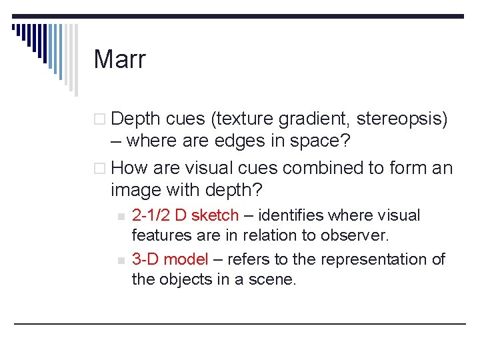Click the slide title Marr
119,59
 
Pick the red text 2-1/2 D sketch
185,215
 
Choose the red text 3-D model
170,259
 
